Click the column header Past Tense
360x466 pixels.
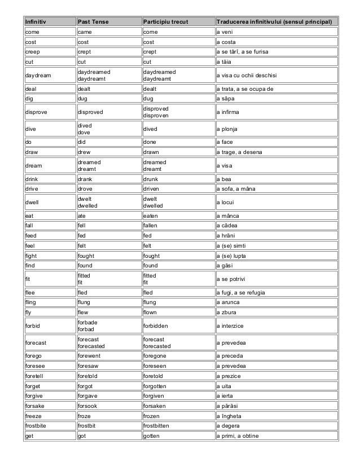(x=93, y=22)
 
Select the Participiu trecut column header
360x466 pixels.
(x=164, y=22)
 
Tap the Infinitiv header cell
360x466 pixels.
(x=36, y=22)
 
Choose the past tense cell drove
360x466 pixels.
(x=86, y=189)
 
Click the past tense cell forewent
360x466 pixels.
(x=91, y=356)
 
